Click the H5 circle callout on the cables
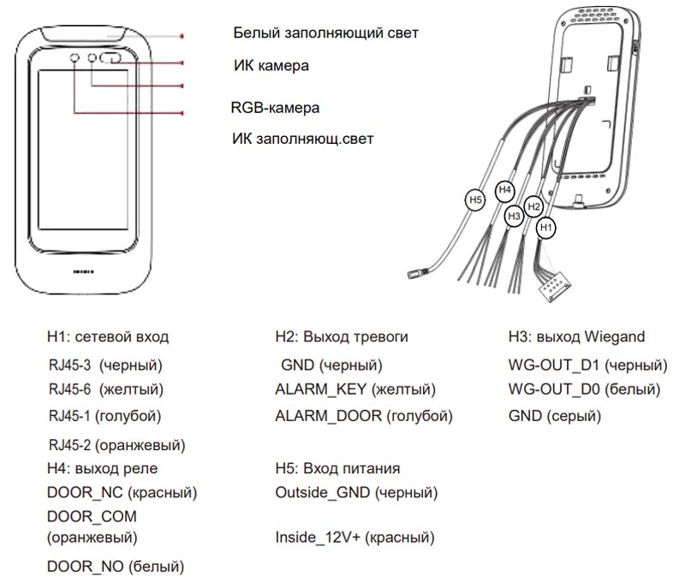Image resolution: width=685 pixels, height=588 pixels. tap(475, 200)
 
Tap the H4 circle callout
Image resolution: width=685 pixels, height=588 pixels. tap(505, 188)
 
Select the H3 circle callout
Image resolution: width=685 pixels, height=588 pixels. tap(514, 217)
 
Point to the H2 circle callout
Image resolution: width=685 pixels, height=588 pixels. tap(533, 206)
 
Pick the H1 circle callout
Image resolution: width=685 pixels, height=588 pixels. tap(545, 228)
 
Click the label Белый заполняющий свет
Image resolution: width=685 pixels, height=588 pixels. tap(325, 34)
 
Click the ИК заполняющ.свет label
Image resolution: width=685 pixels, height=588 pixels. tap(303, 137)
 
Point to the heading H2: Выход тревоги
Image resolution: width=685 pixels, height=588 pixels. tap(342, 337)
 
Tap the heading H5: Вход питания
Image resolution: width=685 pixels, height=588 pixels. tap(338, 469)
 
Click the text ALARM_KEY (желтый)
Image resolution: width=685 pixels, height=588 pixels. tap(355, 390)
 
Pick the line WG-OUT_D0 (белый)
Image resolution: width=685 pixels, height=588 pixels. tap(584, 390)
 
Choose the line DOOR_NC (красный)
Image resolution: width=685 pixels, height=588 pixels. tap(122, 494)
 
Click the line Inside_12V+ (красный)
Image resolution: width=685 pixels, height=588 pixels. tap(354, 538)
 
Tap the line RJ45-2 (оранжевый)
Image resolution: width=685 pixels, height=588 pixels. tap(117, 445)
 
